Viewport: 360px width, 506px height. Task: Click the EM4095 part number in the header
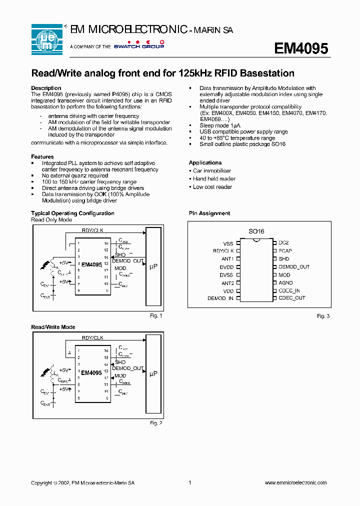(x=300, y=48)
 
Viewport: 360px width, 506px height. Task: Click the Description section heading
(x=46, y=88)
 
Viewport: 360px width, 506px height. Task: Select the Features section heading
(x=42, y=156)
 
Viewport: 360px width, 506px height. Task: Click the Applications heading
(x=205, y=162)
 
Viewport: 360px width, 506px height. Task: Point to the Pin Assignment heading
(x=209, y=213)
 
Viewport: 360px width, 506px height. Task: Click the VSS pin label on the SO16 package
(x=228, y=243)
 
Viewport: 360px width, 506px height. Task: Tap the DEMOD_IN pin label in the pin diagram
(x=220, y=298)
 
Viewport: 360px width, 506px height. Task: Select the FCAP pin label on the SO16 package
(x=285, y=250)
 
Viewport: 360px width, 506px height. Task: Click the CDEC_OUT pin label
(x=291, y=298)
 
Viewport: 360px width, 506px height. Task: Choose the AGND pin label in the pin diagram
(x=285, y=282)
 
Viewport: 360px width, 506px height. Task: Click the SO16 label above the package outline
(x=256, y=231)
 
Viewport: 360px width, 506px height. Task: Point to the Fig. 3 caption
(x=323, y=316)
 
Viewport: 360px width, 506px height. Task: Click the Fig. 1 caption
(x=156, y=315)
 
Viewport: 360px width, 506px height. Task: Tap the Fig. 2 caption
(x=156, y=423)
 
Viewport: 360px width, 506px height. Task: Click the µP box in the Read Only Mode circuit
(x=153, y=267)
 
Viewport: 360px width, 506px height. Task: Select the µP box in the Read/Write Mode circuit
(x=153, y=373)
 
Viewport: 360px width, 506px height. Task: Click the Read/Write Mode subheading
(x=53, y=327)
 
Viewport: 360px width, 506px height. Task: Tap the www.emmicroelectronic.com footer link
(x=295, y=482)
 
